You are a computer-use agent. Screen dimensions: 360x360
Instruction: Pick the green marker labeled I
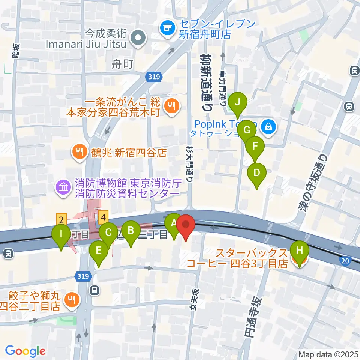coord(61,236)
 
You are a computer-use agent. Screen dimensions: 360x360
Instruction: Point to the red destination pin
coord(187,226)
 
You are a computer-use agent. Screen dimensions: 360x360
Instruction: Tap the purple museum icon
coord(62,187)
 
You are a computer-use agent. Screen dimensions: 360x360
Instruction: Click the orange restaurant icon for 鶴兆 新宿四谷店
coord(79,152)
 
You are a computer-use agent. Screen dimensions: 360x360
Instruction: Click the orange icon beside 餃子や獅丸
coord(70,299)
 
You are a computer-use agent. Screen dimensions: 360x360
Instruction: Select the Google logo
coord(25,351)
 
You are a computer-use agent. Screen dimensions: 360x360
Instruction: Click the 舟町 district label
coord(123,64)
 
